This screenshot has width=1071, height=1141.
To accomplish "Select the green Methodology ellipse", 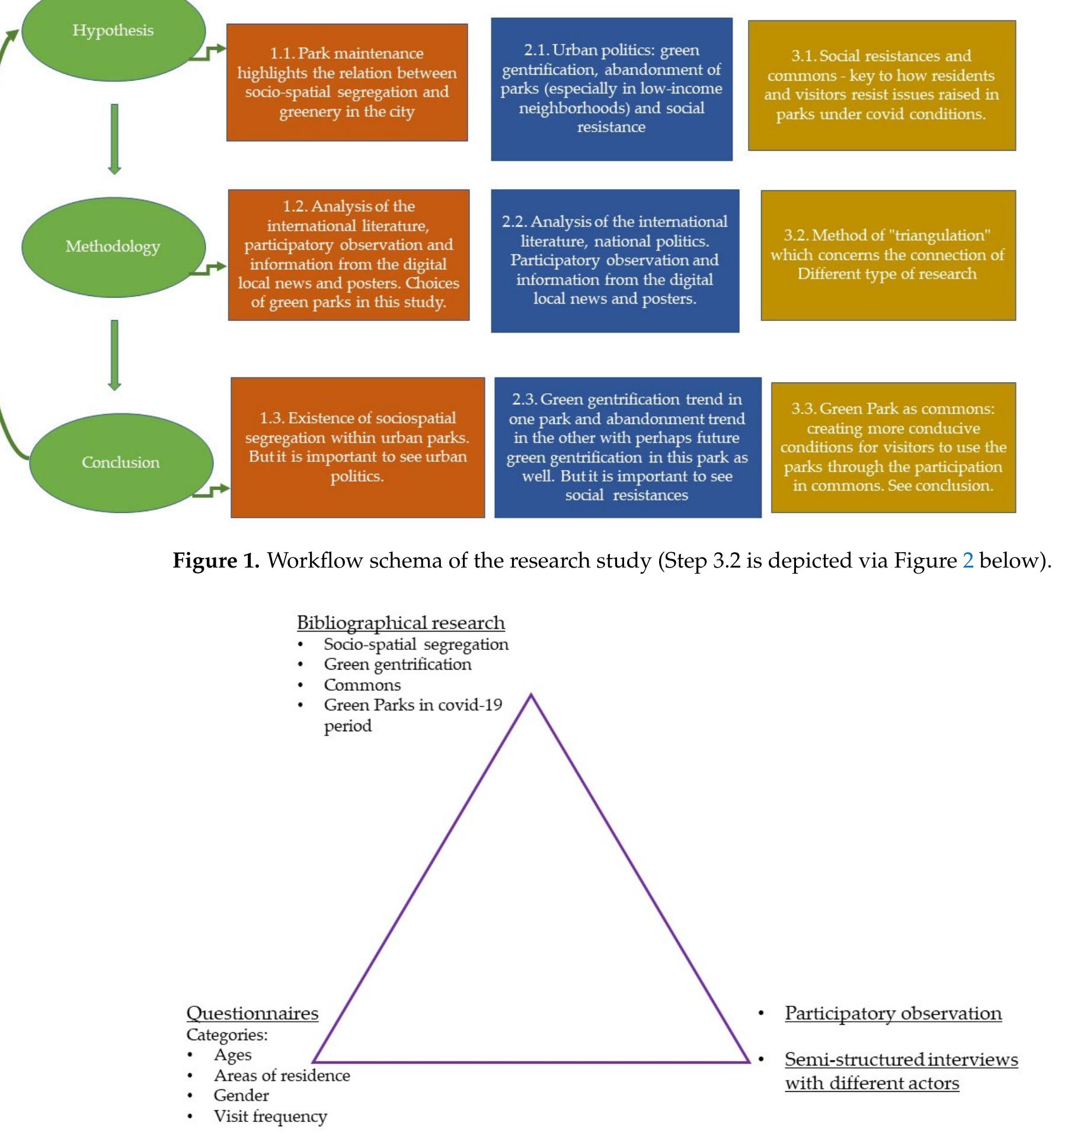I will click(x=113, y=247).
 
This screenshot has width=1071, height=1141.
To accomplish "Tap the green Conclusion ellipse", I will click(x=121, y=463).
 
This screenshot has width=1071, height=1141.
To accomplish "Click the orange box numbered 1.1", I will click(x=347, y=82).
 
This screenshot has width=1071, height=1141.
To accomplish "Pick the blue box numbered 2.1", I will click(x=612, y=89).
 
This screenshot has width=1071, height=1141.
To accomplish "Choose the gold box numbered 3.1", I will click(x=881, y=85).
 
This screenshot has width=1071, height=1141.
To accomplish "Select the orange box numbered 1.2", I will click(x=349, y=255).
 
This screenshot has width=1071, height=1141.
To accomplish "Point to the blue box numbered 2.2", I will click(x=615, y=261).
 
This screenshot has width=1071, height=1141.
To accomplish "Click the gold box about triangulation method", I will click(x=888, y=255).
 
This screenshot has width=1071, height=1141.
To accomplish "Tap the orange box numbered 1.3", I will click(x=357, y=447).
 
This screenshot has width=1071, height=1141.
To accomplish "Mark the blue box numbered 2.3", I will click(x=627, y=447).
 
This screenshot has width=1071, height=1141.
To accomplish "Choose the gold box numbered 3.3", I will click(x=893, y=447).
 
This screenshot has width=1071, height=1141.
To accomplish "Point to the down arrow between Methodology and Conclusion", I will click(x=114, y=355).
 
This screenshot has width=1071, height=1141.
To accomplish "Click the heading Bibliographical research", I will click(x=401, y=623).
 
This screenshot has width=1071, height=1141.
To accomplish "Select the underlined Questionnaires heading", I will click(x=252, y=1013).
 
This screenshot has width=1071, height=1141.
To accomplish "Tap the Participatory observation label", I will click(x=893, y=1013).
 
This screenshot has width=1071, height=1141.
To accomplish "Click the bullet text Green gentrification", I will click(x=397, y=664).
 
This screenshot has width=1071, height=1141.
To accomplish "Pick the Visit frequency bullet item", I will click(x=270, y=1116).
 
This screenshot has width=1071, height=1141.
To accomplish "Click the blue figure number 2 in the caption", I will click(x=967, y=560).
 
